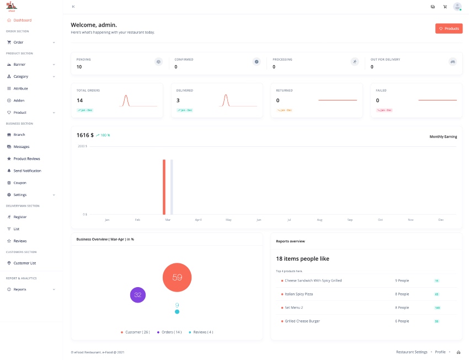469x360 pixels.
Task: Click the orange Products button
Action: point(449,28)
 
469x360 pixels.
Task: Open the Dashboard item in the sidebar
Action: point(22,20)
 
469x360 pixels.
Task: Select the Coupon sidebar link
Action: point(20,183)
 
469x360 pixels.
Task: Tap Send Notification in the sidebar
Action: point(27,171)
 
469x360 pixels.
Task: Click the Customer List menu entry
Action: point(25,263)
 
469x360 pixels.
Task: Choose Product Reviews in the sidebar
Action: point(26,159)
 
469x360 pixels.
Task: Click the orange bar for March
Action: point(164,187)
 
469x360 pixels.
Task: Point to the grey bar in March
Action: point(172,187)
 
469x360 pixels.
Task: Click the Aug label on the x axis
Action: point(319,220)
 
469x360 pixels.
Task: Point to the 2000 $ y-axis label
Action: point(82,146)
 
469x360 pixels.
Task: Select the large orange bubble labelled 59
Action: point(177,277)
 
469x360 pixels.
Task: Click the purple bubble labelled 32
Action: point(138,295)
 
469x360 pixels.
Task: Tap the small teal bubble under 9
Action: point(177,312)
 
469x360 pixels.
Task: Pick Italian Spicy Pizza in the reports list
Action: point(299,294)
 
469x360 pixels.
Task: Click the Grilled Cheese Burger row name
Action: point(302,321)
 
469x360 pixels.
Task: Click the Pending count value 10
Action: point(79,67)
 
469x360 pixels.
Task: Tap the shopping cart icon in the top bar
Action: point(445,7)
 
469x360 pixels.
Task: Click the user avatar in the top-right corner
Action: point(457,7)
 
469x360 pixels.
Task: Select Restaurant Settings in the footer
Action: point(412,352)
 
